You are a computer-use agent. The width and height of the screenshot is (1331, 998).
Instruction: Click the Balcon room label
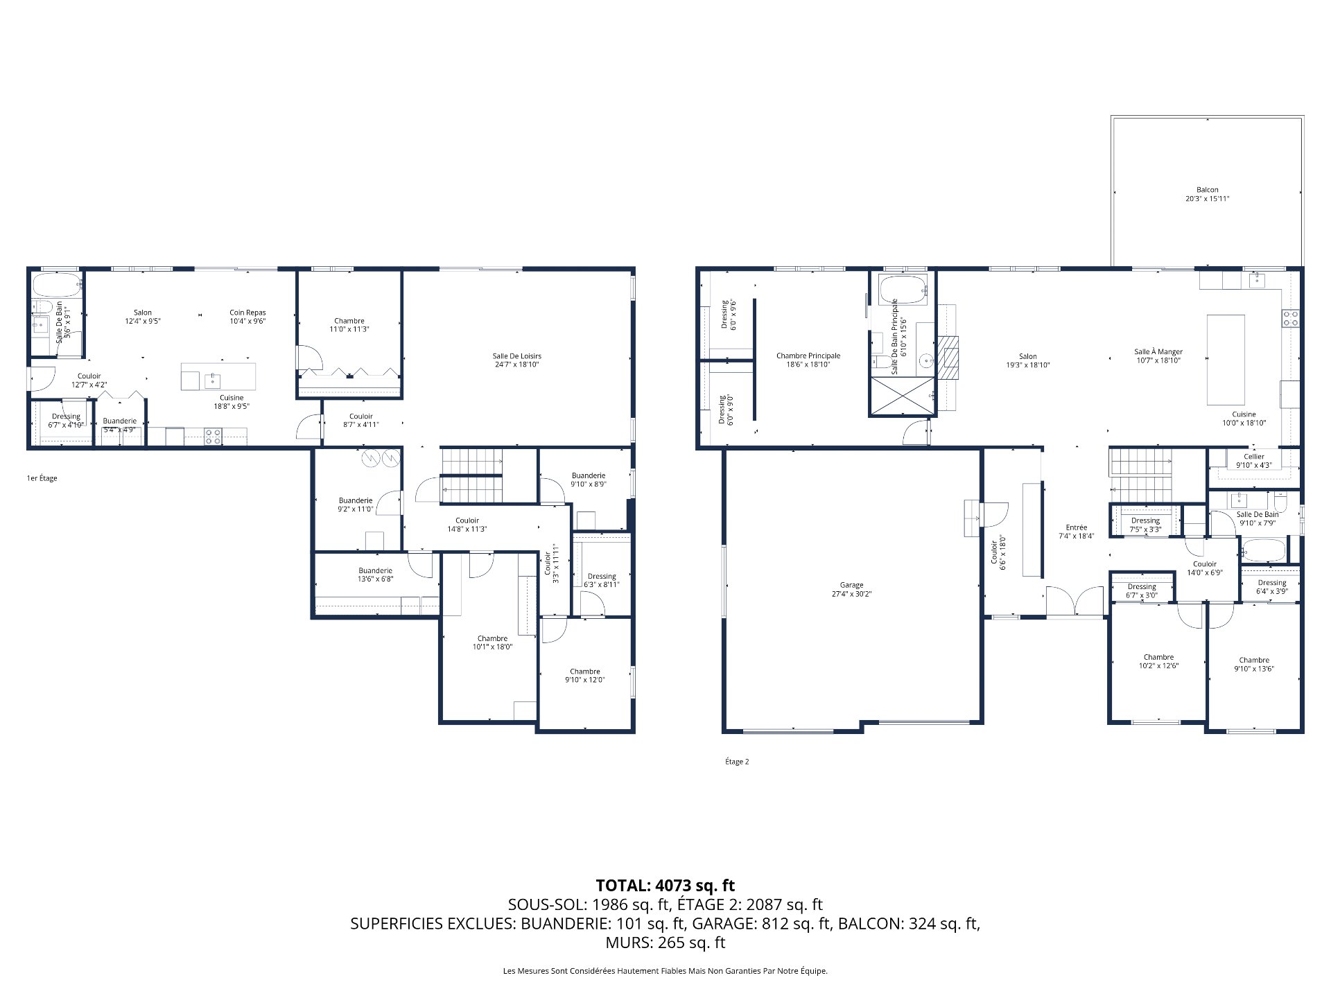tap(1207, 194)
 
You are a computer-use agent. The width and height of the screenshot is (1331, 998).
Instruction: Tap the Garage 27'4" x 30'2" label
tap(851, 590)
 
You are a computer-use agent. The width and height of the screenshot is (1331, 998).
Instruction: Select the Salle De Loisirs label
tap(516, 360)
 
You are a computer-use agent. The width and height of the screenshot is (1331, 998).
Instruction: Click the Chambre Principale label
tap(808, 360)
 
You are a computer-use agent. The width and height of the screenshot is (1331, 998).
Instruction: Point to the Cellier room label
tap(1253, 461)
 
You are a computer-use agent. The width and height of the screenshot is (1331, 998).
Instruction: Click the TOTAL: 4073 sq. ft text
tap(665, 885)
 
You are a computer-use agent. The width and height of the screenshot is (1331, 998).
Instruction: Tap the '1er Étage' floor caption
tap(42, 478)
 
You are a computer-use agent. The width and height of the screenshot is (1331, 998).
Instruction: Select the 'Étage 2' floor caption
tap(737, 762)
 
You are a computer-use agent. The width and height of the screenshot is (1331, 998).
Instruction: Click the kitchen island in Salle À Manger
tap(1226, 359)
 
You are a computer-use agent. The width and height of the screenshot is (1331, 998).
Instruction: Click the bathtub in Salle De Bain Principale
tap(903, 290)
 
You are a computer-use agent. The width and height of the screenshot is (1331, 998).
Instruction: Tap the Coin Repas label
tap(247, 317)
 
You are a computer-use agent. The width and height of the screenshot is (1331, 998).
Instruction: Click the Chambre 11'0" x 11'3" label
tap(349, 325)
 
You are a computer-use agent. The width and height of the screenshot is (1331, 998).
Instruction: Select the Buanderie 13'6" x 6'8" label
tap(375, 575)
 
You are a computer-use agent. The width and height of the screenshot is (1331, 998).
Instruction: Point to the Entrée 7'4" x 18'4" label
tap(1076, 532)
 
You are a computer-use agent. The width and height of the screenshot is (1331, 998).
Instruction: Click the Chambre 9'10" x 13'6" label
tap(1254, 665)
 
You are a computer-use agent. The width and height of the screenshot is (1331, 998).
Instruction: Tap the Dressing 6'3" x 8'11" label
tap(601, 580)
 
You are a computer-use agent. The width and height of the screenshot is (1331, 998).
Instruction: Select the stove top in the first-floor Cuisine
tap(214, 437)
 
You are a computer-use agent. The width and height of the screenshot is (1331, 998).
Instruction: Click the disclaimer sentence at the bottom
tap(665, 971)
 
